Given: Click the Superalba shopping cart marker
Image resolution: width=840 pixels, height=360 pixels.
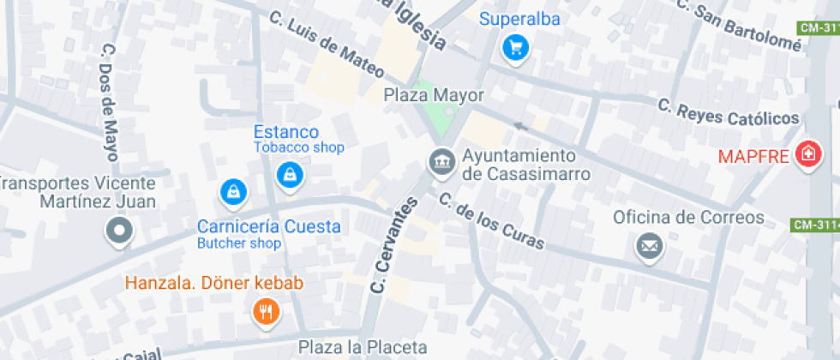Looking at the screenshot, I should pyautogui.click(x=514, y=48).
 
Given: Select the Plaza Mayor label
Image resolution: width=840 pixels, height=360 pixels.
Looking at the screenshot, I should pyautogui.click(x=434, y=95).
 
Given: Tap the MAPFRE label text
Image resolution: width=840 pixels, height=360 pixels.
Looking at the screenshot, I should pyautogui.click(x=753, y=157).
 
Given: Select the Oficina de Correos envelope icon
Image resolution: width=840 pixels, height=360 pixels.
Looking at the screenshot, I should pyautogui.click(x=650, y=247).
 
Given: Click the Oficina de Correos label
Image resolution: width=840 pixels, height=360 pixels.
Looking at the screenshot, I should pyautogui.click(x=687, y=217).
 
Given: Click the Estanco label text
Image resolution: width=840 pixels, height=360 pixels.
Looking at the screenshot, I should pyautogui.click(x=286, y=132).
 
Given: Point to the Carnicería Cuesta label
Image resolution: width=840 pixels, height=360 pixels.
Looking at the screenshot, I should pyautogui.click(x=269, y=227).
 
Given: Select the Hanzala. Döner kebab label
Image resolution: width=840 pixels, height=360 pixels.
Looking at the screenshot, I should pyautogui.click(x=214, y=283).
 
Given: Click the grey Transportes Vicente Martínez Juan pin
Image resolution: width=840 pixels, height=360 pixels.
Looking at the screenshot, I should pyautogui.click(x=118, y=230).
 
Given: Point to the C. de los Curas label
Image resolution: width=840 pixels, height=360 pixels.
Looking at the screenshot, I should pyautogui.click(x=490, y=221).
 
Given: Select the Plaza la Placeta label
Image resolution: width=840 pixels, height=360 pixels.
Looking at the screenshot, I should pyautogui.click(x=363, y=347).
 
